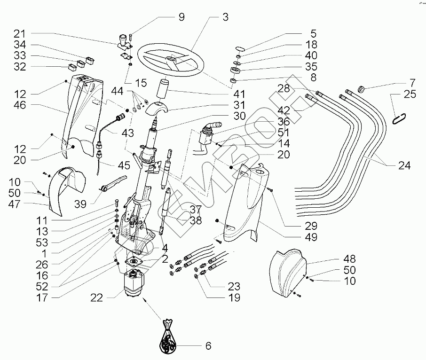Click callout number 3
pos(225,18)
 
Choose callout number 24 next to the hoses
pos(404,165)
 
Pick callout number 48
pos(349,259)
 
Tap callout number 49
pos(311,237)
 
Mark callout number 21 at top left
pos(19,34)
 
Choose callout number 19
pos(234,297)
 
